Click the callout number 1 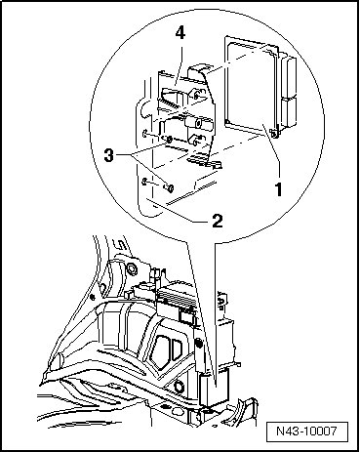[x=278, y=189]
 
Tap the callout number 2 [x=217, y=221]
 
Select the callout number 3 [x=109, y=156]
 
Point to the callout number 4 [x=180, y=33]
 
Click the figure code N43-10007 [x=306, y=431]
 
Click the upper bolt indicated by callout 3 [x=169, y=140]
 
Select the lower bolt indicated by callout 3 [x=169, y=187]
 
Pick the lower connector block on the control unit [x=289, y=113]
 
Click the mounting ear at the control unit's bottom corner [x=274, y=134]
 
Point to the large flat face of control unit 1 [x=251, y=86]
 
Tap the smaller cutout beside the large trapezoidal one [x=177, y=350]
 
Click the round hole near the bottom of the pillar [x=179, y=387]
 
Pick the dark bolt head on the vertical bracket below [x=197, y=343]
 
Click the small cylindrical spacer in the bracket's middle [x=194, y=123]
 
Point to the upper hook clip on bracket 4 [x=196, y=95]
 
